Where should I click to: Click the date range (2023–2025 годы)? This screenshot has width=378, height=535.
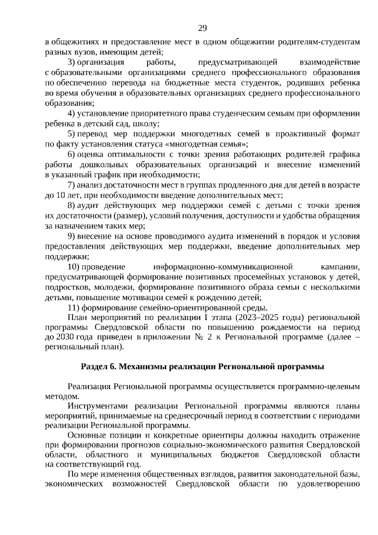tap(273, 318)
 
